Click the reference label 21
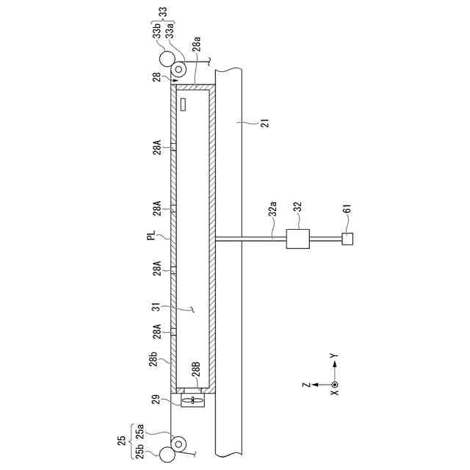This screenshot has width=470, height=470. [266, 123]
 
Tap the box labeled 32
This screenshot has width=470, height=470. [298, 239]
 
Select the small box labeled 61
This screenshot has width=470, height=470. [347, 239]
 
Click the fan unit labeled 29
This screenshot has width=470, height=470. [192, 400]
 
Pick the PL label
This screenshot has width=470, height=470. [153, 235]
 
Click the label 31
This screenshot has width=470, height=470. [156, 308]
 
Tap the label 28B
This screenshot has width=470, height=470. [196, 369]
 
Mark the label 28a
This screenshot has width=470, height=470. [196, 46]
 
